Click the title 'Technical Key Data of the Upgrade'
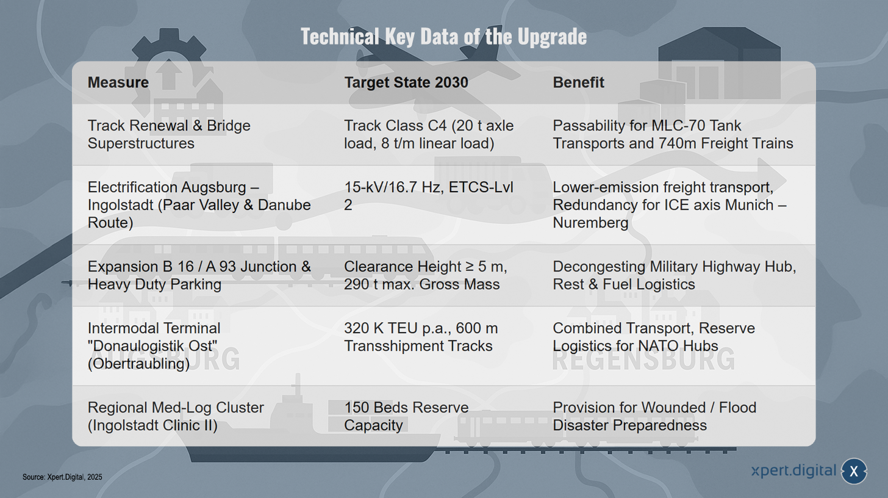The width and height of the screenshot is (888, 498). (443, 37)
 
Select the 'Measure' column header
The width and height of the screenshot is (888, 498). (118, 82)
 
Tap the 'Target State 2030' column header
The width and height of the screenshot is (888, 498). (406, 82)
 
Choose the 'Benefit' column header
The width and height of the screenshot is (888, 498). (578, 82)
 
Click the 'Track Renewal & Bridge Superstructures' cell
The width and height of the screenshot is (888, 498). (169, 134)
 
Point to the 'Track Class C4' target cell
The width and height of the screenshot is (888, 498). (429, 134)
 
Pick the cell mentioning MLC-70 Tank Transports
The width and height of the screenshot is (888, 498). (673, 134)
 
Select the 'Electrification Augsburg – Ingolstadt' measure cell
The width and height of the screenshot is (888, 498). (199, 205)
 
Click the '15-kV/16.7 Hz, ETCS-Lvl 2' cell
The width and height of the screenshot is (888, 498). (429, 196)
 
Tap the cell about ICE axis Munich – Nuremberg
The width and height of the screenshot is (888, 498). (670, 205)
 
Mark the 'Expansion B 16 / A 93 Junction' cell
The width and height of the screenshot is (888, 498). (199, 275)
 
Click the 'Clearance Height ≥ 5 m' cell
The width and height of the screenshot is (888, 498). (425, 275)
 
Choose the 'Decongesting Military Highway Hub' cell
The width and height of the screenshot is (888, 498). (675, 275)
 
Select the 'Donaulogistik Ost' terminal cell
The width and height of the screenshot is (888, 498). (154, 345)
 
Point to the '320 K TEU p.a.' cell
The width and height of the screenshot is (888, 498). (421, 337)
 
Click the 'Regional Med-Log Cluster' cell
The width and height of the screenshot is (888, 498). (176, 416)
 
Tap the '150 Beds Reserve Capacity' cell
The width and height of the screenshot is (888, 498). (406, 416)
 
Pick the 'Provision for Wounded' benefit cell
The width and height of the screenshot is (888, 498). (654, 416)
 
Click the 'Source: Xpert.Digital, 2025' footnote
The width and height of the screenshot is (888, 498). (62, 477)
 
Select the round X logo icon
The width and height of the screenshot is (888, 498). (853, 471)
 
